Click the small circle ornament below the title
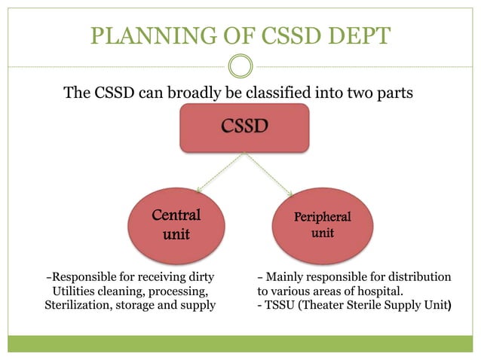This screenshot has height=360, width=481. (x=240, y=66)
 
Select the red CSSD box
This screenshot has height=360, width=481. (x=244, y=127)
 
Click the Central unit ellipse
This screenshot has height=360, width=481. (x=176, y=225)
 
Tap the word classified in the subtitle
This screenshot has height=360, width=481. (x=284, y=93)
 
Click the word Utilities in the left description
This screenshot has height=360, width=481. (x=76, y=291)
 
